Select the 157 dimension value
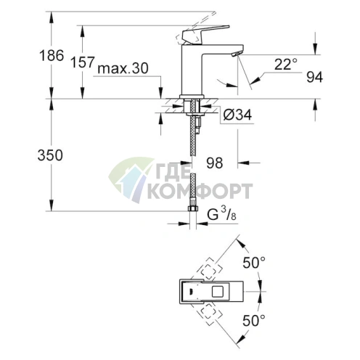click(x=83, y=63)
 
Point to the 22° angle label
click(x=286, y=64)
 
